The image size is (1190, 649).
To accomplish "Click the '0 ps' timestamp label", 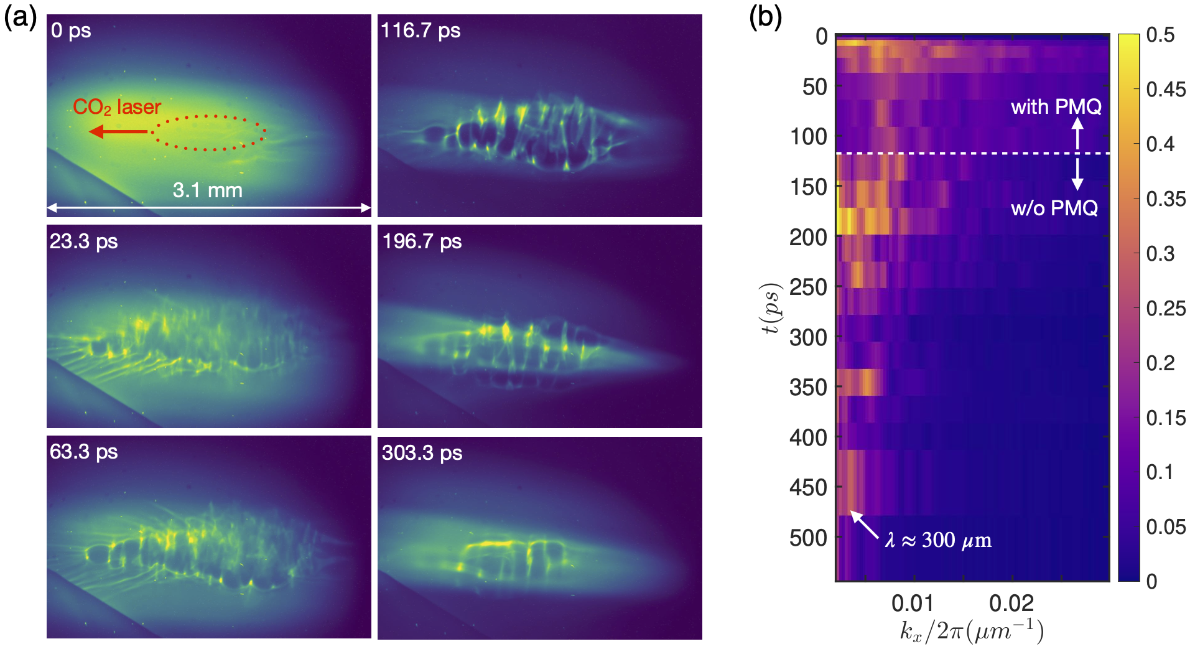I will point(71,30).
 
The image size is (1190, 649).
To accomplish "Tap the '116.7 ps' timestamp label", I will point(421,30).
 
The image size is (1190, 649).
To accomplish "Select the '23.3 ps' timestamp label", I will point(83,241).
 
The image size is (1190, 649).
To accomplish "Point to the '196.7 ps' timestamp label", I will point(422,241).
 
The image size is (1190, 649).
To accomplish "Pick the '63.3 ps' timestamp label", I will point(83,451).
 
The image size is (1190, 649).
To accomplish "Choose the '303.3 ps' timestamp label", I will point(422,452).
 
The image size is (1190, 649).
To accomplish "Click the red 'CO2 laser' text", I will point(117,107).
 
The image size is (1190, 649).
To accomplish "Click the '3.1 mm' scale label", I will point(207,190).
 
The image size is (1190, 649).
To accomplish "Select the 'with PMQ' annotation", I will point(1056,107).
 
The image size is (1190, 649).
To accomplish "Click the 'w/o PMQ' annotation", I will point(1054,208).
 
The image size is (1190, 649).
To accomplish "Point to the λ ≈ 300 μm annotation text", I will point(938,539).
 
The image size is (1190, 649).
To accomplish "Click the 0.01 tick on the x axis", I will point(913,603).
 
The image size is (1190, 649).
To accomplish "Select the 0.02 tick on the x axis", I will point(1011,603).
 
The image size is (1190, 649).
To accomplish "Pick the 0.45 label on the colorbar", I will point(1166,90).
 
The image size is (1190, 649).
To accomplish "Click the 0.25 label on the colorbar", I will point(1166,309).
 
